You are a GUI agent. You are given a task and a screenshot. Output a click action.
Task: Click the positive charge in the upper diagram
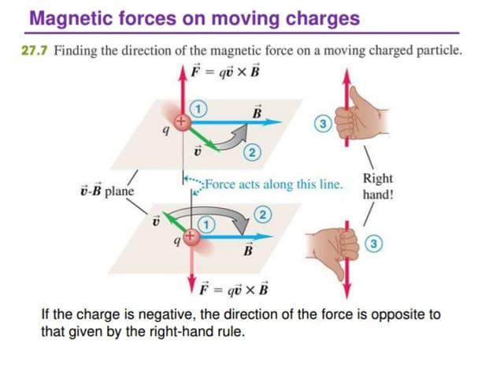tap(182, 122)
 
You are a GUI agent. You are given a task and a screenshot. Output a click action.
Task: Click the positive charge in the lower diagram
tap(191, 237)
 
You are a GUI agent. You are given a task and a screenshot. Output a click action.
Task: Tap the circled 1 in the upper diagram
tap(198, 109)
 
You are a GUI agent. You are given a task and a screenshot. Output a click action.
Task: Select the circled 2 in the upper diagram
tap(252, 153)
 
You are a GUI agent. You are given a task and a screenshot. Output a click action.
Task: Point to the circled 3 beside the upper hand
tap(323, 124)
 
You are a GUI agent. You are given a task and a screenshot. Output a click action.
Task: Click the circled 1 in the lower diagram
tap(206, 225)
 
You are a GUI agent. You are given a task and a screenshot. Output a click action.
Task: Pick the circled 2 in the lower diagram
tap(262, 214)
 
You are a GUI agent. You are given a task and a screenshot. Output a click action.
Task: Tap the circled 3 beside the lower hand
tap(373, 244)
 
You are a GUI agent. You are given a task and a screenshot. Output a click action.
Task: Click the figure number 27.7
tap(35, 50)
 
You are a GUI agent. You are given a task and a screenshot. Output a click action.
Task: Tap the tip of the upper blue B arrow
tap(282, 122)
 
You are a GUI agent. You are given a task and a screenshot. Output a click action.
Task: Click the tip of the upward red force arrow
tap(183, 67)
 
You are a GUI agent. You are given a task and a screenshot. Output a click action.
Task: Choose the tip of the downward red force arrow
tap(192, 292)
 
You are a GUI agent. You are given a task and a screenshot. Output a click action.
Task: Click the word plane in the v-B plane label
tap(119, 192)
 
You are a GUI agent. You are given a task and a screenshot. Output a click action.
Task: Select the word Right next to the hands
tap(378, 178)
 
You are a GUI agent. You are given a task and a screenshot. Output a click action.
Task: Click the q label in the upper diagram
tap(166, 130)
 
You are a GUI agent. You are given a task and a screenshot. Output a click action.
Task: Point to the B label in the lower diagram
tap(248, 249)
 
